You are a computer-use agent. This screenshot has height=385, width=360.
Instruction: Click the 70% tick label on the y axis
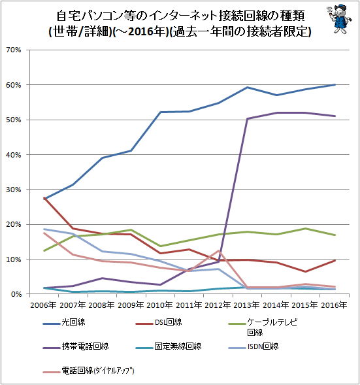tap(14, 50)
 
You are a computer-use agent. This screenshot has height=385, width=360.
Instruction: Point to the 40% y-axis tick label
tap(14, 155)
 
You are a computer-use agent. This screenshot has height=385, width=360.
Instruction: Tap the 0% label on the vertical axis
tap(16, 294)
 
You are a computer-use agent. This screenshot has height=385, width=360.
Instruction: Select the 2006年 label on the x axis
tap(43, 305)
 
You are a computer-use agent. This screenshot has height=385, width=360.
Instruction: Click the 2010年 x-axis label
tap(160, 305)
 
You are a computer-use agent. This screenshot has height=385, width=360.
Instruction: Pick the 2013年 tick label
tap(246, 305)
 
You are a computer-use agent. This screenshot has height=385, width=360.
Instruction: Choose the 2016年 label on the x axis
tap(334, 305)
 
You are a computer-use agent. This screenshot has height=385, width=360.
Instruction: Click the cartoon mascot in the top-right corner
tap(339, 18)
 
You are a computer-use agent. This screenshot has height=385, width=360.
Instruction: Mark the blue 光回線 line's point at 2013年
tap(247, 87)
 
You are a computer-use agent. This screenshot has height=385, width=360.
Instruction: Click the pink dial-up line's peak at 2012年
tap(218, 251)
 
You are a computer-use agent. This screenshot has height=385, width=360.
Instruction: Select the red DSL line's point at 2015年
tap(305, 271)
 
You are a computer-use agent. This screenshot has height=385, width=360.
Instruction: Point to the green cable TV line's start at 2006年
tap(44, 251)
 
